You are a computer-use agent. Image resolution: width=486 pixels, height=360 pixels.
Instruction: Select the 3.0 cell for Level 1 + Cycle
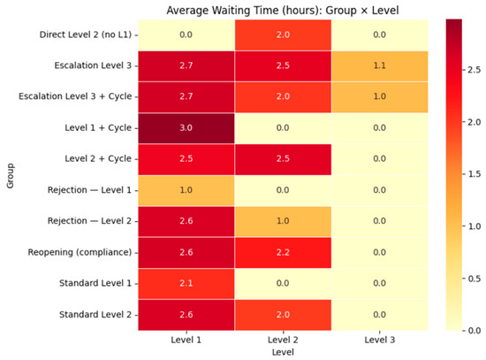click(x=186, y=128)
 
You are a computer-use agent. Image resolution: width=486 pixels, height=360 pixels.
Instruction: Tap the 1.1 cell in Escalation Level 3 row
click(x=380, y=66)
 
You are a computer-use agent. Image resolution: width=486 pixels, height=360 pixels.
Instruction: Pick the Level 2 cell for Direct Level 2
click(x=283, y=35)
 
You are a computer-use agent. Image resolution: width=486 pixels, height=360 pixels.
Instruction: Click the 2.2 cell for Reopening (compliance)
click(x=283, y=253)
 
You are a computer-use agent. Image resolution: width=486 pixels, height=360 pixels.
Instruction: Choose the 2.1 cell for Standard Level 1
click(x=186, y=284)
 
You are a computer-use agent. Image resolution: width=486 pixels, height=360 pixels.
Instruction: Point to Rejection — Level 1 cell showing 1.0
click(x=186, y=190)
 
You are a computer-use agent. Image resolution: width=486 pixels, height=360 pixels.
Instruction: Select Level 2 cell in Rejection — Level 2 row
click(x=283, y=222)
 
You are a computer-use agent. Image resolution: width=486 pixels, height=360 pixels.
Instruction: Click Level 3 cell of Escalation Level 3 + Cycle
click(x=380, y=97)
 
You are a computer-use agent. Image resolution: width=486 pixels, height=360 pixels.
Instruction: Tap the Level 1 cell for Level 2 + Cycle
click(x=186, y=159)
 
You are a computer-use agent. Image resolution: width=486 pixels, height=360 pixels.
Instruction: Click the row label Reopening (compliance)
click(x=80, y=252)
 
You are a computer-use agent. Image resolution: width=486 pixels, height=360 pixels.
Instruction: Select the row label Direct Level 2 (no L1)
click(x=86, y=34)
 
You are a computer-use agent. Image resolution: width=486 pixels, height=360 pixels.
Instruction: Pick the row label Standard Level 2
click(x=95, y=315)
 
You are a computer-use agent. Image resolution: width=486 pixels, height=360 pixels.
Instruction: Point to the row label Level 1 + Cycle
click(x=98, y=128)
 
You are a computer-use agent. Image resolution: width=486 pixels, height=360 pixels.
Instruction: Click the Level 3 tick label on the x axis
click(x=380, y=340)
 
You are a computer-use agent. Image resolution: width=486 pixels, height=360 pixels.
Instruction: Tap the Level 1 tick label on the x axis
click(x=186, y=340)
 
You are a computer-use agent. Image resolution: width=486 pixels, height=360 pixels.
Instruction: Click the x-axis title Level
click(x=283, y=352)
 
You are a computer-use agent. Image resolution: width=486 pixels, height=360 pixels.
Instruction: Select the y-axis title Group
click(x=11, y=176)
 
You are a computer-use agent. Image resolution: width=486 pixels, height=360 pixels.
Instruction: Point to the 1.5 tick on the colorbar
click(x=475, y=174)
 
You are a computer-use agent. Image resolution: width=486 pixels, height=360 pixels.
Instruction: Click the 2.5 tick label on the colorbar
click(x=475, y=70)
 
